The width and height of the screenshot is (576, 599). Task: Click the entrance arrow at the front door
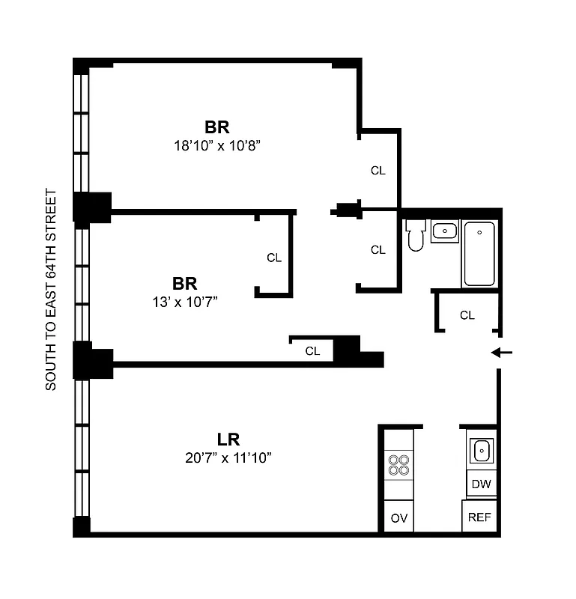click(501, 353)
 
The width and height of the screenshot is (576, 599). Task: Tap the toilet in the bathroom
click(416, 235)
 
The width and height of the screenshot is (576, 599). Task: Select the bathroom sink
click(445, 231)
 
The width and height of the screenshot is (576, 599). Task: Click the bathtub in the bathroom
click(479, 254)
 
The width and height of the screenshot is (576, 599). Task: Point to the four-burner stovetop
click(398, 465)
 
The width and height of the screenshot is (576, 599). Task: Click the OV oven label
click(398, 517)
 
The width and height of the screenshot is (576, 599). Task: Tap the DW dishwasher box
click(481, 484)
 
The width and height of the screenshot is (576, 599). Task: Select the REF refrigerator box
click(479, 517)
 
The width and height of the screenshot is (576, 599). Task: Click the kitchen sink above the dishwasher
click(481, 451)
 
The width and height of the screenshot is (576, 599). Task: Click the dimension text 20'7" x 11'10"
click(228, 457)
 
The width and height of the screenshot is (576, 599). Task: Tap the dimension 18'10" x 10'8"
click(216, 145)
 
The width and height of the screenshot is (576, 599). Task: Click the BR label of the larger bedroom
click(216, 126)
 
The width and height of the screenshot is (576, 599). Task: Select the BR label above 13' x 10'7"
click(185, 284)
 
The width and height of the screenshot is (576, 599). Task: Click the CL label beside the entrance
click(467, 315)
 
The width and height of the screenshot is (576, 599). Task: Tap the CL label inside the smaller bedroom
click(274, 258)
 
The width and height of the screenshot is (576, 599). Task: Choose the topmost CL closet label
click(378, 171)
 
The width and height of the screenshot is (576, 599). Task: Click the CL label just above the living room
click(312, 350)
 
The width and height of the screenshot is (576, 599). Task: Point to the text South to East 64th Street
click(51, 289)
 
